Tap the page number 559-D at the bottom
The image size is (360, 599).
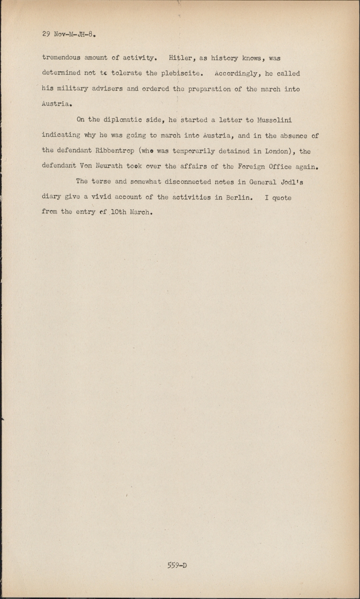[177, 565]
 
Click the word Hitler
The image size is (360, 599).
[182, 58]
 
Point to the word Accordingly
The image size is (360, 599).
[235, 73]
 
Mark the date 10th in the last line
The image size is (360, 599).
[118, 212]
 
